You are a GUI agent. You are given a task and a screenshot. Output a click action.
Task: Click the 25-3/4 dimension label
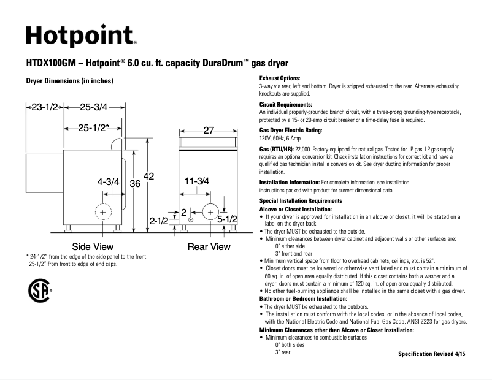point(93,107)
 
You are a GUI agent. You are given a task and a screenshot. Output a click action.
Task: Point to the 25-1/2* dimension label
point(93,128)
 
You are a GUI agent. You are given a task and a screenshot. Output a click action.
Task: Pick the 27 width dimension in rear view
point(209,131)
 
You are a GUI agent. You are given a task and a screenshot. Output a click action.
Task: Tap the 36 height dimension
point(135,183)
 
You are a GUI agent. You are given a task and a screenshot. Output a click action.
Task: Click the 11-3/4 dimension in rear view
point(197,181)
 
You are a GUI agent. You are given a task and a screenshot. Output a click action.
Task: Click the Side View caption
point(93,246)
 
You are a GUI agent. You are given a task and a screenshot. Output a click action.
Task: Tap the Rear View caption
point(209,246)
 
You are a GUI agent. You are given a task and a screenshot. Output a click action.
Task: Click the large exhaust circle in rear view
point(210,211)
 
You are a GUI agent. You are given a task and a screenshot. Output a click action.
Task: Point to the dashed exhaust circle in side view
point(102,212)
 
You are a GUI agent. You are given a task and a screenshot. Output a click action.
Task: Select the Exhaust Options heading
point(280,78)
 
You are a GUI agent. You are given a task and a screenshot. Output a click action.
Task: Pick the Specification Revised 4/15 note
point(431,354)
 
